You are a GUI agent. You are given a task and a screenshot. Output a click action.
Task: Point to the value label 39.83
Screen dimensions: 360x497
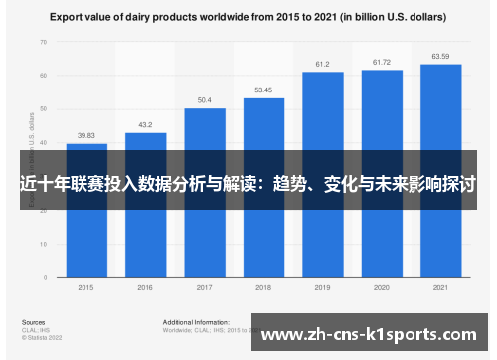86,136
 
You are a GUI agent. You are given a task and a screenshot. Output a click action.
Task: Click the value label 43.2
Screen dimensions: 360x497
145,125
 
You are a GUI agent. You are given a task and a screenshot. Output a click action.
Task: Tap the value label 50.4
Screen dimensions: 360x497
204,100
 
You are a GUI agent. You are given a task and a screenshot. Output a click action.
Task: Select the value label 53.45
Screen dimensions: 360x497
263,90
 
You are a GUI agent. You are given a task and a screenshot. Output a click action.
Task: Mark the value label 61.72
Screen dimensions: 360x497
382,62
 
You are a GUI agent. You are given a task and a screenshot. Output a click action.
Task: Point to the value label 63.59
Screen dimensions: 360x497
440,56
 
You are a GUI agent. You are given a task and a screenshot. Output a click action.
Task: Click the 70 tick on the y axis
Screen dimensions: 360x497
44,42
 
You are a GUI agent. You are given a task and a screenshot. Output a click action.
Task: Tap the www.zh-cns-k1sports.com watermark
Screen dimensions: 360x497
372,334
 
